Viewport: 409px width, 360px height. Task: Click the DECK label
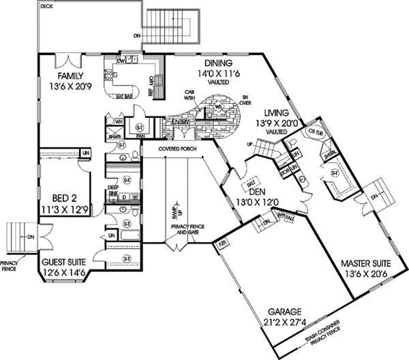tap(46, 5)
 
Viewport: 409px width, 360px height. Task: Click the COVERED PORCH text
tap(176, 148)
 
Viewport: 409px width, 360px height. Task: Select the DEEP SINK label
tap(113, 192)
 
